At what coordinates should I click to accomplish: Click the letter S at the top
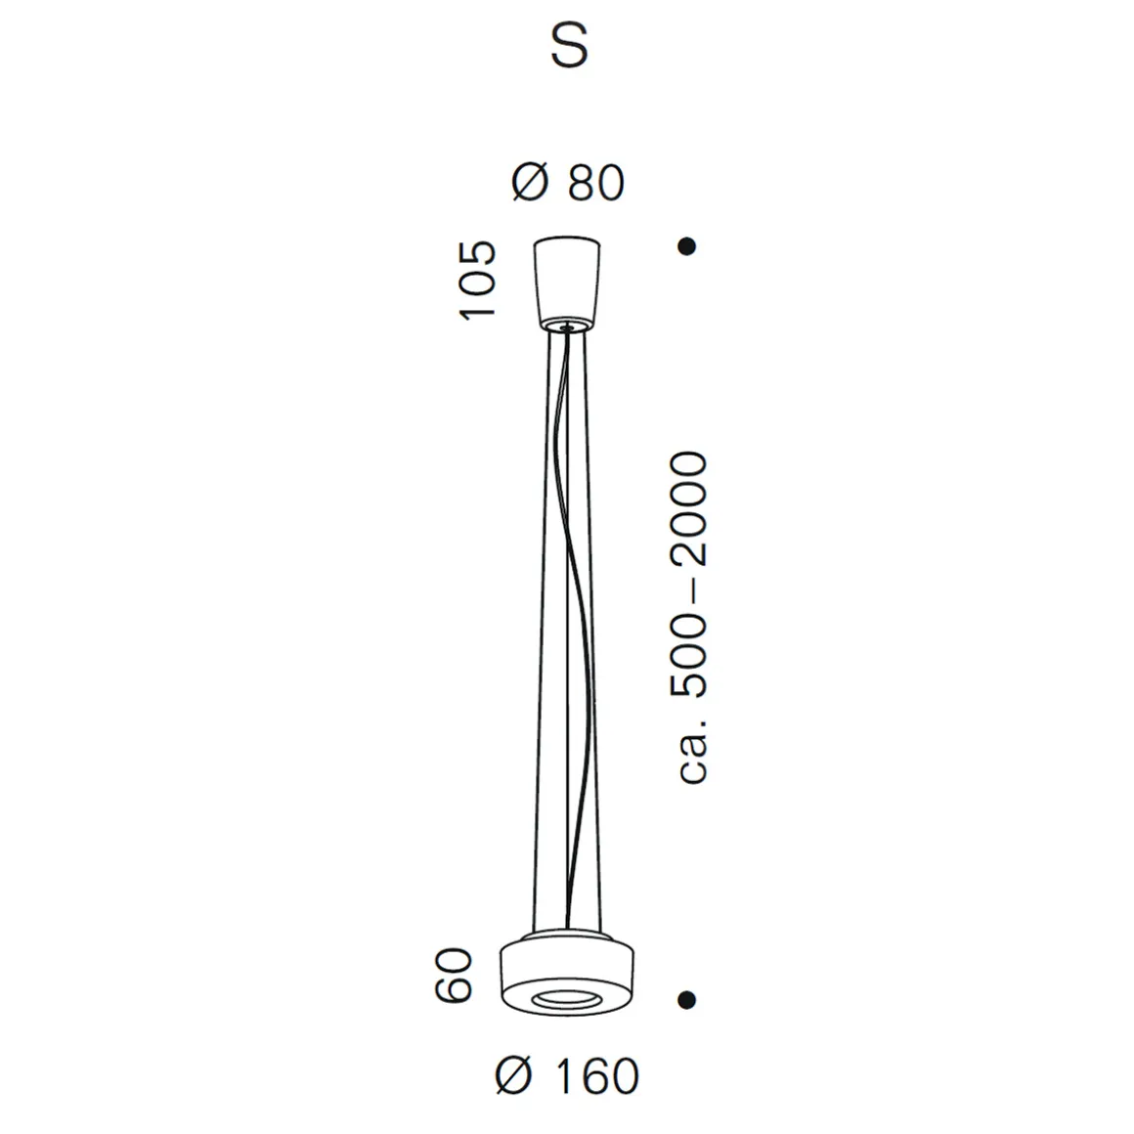569,46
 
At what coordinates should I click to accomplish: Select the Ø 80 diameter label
568,183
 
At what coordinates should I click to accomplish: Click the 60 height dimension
455,974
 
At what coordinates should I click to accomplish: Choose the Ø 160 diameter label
568,1076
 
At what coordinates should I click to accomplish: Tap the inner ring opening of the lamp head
567,998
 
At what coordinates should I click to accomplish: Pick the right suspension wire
595,626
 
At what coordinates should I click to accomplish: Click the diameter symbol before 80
530,183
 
